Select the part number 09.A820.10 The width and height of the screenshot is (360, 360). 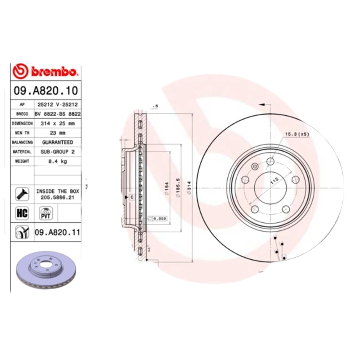pos(45,90)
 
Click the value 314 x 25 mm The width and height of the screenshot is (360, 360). pos(57,123)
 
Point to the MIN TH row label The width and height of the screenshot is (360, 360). pos(22,133)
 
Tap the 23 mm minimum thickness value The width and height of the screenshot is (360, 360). pos(57,133)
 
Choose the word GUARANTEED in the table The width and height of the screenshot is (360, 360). pos(57,142)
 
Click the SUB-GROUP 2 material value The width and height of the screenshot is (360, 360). pos(57,152)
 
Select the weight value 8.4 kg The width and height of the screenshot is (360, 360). pos(57,162)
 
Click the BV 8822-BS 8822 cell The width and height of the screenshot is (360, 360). pos(58,114)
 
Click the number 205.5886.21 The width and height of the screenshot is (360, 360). pos(57,197)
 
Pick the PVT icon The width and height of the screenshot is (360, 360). pos(45,213)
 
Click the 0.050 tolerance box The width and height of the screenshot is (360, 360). pos(158,218)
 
